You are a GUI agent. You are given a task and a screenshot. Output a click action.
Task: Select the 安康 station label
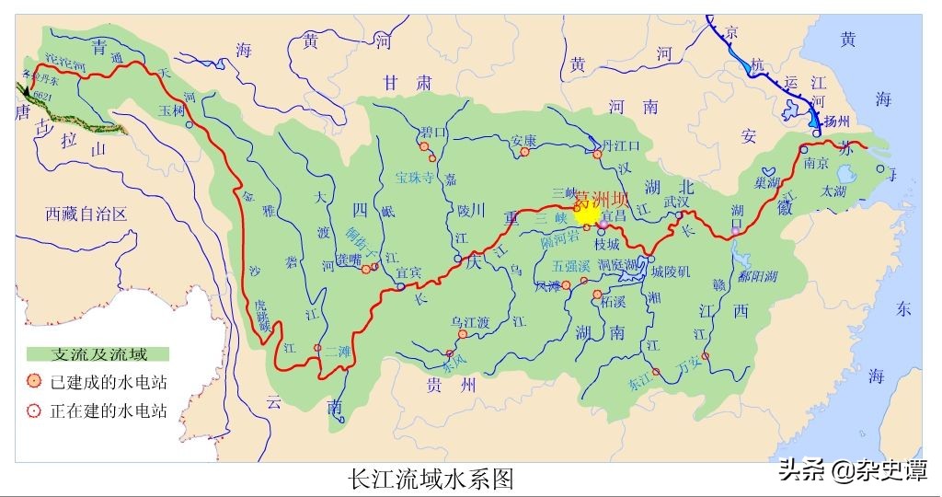point(523,141)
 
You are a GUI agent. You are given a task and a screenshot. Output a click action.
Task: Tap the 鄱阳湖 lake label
point(758,276)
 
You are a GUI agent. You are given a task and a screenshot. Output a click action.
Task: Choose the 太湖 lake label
point(834,190)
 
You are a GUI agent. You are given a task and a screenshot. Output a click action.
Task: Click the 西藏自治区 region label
point(86,214)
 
